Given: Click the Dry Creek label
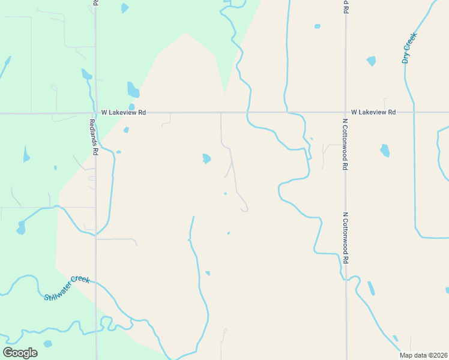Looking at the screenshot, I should pyautogui.click(x=409, y=48).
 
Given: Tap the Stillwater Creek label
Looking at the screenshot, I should pyautogui.click(x=67, y=288).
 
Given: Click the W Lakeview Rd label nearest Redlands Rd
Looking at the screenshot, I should pyautogui.click(x=123, y=112).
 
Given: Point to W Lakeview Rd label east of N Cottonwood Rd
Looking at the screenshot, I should pyautogui.click(x=373, y=112).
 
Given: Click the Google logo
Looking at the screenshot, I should pyautogui.click(x=20, y=353).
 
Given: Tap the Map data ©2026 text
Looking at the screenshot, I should pyautogui.click(x=423, y=355).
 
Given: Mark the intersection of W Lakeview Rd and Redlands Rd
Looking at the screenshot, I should pyautogui.click(x=95, y=112).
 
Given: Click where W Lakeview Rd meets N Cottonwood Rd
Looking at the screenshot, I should pyautogui.click(x=345, y=112).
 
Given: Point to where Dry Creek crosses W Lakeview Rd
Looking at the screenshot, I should pyautogui.click(x=413, y=112).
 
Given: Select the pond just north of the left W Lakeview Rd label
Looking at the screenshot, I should pyautogui.click(x=133, y=90).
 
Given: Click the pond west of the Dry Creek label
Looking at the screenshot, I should pyautogui.click(x=371, y=61).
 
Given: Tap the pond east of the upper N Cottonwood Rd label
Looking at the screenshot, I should pyautogui.click(x=385, y=150).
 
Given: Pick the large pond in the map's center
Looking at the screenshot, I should pyautogui.click(x=206, y=158).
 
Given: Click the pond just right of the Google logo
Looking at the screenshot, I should pyautogui.click(x=47, y=344).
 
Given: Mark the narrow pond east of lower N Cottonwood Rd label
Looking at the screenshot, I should pyautogui.click(x=371, y=288).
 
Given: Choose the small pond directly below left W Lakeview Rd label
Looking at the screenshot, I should pyautogui.click(x=126, y=130).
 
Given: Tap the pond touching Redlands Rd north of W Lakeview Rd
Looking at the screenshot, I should pyautogui.click(x=86, y=74).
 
